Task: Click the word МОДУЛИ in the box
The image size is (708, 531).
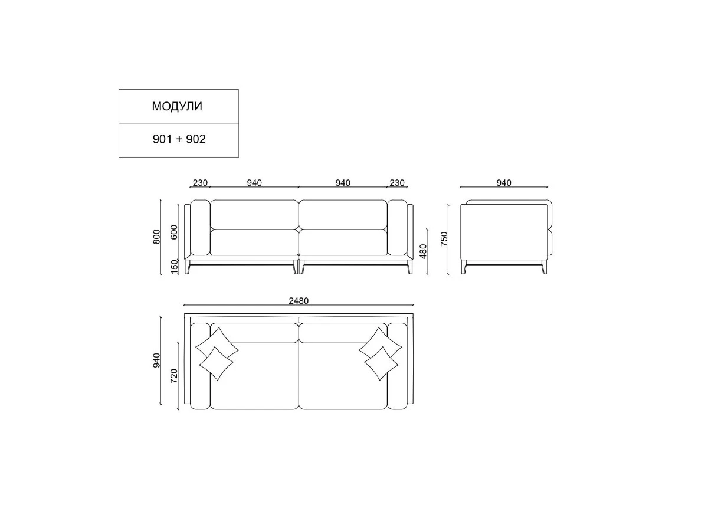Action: (x=177, y=106)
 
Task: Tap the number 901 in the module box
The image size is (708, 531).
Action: (x=162, y=139)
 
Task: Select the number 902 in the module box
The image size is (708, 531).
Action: (x=196, y=139)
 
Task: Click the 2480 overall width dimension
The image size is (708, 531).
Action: (x=299, y=301)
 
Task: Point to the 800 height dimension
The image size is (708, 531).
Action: (x=156, y=237)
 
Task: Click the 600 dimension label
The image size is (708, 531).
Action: (x=174, y=232)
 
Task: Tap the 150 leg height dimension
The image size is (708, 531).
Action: (x=174, y=267)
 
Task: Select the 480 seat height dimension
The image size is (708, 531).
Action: (x=423, y=251)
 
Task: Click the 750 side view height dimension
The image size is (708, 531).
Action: (x=444, y=239)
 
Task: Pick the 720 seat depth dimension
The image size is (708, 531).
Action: (x=174, y=376)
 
